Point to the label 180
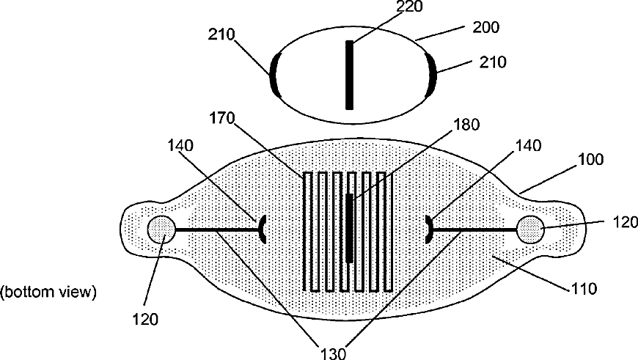(466, 125)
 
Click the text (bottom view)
(48, 292)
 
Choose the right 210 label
(492, 63)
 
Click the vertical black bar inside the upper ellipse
(349, 75)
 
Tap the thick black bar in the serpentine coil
(349, 228)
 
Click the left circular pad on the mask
(161, 229)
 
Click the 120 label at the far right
(620, 221)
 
